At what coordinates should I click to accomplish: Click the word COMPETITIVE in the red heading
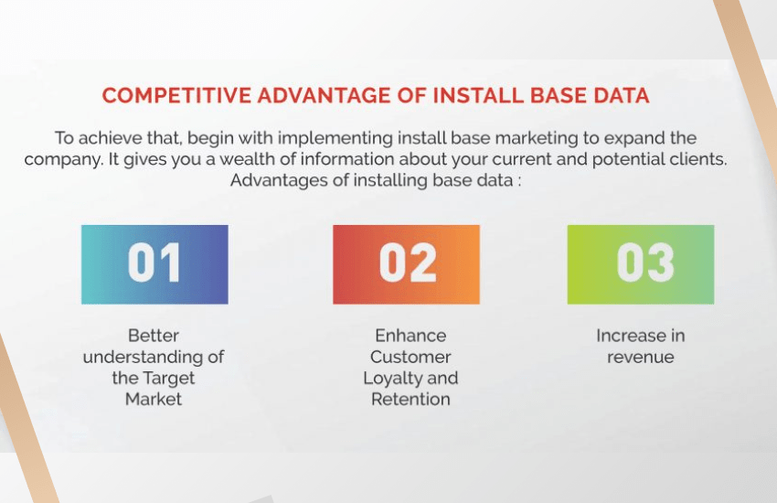(176, 95)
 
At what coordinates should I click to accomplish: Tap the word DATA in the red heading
(622, 95)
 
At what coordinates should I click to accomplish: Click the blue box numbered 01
(154, 264)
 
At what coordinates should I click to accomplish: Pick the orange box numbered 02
(407, 264)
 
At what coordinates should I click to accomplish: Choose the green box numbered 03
(641, 264)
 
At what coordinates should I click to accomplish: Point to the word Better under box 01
(154, 336)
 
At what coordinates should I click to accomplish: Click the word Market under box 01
(154, 399)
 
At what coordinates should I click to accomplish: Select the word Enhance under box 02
(410, 336)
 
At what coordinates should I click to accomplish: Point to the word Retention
(410, 399)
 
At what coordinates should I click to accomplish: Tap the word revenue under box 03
(640, 358)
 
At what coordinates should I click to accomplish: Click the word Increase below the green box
(631, 336)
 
